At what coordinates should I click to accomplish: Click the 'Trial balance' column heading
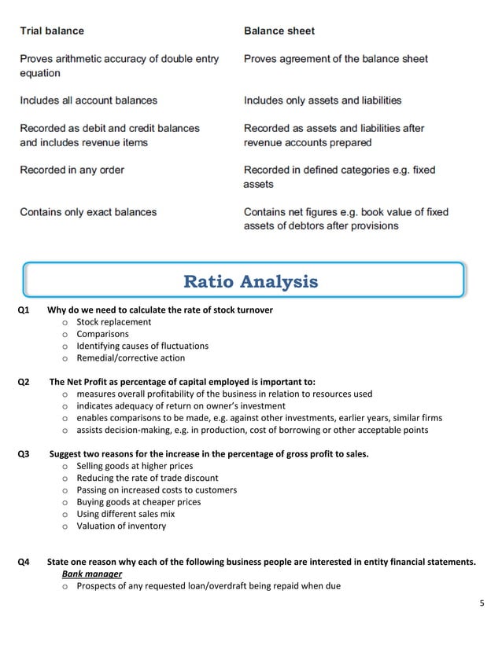(52, 31)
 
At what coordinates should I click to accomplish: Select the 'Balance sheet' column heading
(279, 31)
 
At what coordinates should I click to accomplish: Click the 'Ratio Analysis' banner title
(250, 281)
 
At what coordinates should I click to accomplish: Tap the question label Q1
(24, 310)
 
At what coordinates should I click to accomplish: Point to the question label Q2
(24, 382)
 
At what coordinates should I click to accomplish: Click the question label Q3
(24, 454)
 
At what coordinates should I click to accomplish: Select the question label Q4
(24, 562)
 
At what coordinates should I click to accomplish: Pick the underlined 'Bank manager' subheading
(92, 574)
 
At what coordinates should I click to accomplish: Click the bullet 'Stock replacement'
(113, 322)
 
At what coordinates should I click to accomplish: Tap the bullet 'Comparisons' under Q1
(102, 334)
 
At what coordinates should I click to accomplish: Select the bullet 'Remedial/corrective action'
(131, 357)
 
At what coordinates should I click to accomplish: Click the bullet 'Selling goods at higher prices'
(135, 466)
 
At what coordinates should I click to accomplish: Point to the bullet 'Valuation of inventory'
(121, 526)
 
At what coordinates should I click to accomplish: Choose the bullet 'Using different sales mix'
(125, 514)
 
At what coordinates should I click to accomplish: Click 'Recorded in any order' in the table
(72, 170)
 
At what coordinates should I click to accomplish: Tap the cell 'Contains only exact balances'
(88, 212)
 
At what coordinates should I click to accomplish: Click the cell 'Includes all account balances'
(88, 101)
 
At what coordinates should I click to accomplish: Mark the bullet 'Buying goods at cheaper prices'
(138, 502)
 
